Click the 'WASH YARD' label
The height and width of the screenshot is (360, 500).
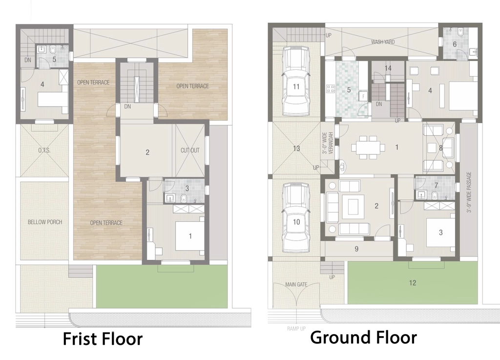(x=383, y=42)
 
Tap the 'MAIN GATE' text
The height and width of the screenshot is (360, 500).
(x=296, y=284)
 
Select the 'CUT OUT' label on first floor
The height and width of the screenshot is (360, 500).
(x=190, y=150)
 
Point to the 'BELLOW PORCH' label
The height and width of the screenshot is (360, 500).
(x=45, y=222)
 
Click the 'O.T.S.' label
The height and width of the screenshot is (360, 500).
(x=44, y=150)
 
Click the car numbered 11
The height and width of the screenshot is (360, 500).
(x=296, y=81)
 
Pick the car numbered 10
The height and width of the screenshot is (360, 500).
(x=296, y=217)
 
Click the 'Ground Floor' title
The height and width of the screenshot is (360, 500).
(x=363, y=338)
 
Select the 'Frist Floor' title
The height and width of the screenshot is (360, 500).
(x=103, y=339)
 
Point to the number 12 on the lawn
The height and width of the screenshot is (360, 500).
(x=412, y=283)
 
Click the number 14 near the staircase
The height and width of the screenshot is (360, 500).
(x=388, y=68)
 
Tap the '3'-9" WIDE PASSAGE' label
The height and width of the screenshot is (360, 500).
(x=469, y=192)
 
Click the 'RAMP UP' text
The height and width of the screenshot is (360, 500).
(x=296, y=329)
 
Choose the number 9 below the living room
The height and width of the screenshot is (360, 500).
(x=356, y=249)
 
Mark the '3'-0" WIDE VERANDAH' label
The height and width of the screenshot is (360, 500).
(x=328, y=144)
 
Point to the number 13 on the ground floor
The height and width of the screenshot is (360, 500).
(x=296, y=148)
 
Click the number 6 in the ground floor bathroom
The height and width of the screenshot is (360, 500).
(x=455, y=44)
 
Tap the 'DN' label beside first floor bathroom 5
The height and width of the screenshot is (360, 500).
(x=28, y=60)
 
